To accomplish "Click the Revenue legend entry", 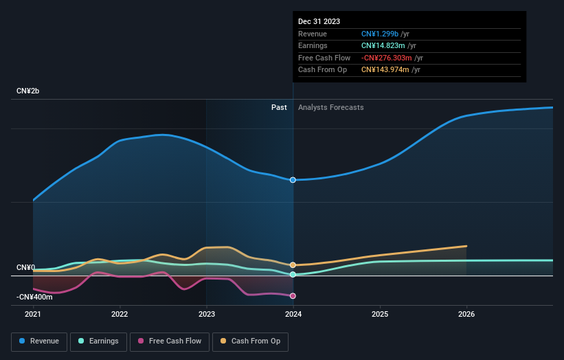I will click(39, 341).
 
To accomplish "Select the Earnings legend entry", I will click(98, 341).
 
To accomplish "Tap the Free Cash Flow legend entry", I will click(169, 341).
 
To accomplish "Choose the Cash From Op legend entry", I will click(251, 341).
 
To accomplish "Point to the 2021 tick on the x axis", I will click(33, 314).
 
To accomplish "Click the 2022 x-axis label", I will click(120, 314).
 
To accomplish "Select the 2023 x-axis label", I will click(207, 314).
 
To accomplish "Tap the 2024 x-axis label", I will click(293, 314).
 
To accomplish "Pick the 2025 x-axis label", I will click(380, 314).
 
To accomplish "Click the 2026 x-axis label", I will click(466, 314).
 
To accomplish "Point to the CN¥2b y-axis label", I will click(31, 91).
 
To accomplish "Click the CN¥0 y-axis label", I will click(26, 267).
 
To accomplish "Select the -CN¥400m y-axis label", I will click(34, 297).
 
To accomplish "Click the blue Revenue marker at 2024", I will click(293, 180).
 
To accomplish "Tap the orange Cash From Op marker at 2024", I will click(293, 265).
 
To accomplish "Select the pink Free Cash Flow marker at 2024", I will click(293, 296).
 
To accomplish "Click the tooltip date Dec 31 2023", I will click(319, 22).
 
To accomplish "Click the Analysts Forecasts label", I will click(330, 107).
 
